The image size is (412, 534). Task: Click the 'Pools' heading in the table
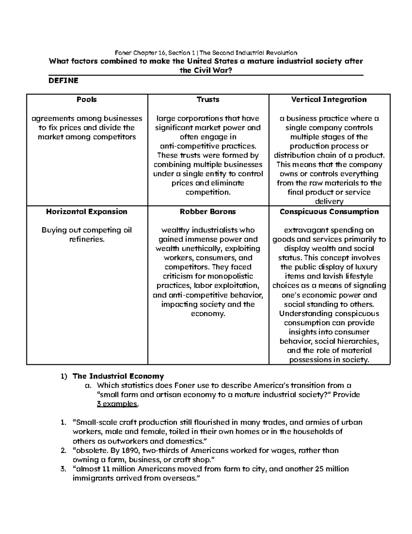pyautogui.click(x=87, y=100)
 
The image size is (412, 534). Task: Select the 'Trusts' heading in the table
pyautogui.click(x=208, y=100)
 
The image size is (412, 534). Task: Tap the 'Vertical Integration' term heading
pyautogui.click(x=329, y=100)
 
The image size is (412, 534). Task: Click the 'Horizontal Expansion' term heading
pyautogui.click(x=87, y=212)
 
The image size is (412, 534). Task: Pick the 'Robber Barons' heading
pyautogui.click(x=208, y=212)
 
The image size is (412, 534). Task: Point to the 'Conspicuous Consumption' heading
pyautogui.click(x=329, y=212)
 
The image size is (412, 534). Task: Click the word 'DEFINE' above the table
pyautogui.click(x=64, y=80)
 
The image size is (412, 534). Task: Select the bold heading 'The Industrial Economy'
pyautogui.click(x=118, y=376)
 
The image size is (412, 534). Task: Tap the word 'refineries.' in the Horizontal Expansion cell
pyautogui.click(x=87, y=239)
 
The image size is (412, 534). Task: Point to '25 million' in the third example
pyautogui.click(x=332, y=469)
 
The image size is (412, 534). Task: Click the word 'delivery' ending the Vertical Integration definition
pyautogui.click(x=329, y=202)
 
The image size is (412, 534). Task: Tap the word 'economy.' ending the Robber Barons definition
pyautogui.click(x=208, y=314)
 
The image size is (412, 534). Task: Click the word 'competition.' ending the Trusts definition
pyautogui.click(x=208, y=193)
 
